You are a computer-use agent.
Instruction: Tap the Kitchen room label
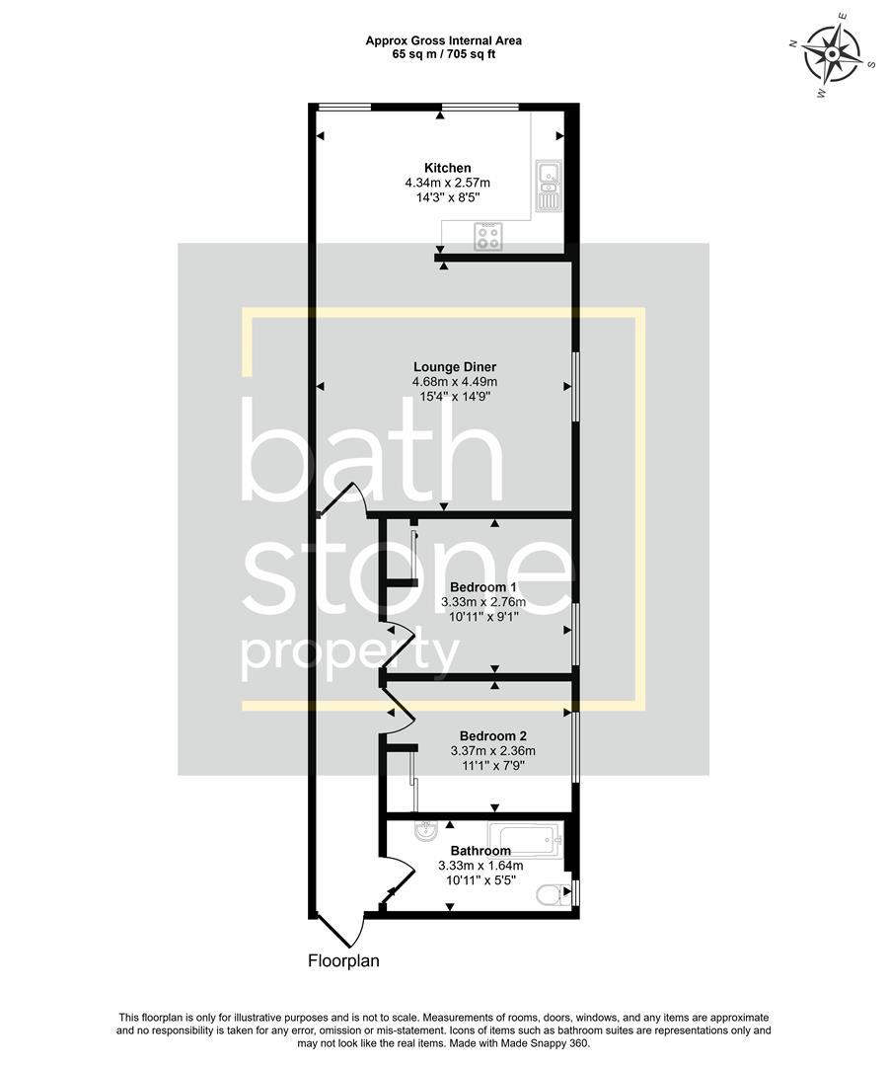tap(447, 168)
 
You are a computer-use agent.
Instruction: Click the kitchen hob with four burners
tap(488, 236)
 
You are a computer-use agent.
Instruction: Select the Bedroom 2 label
tap(493, 736)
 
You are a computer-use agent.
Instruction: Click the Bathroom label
tap(480, 851)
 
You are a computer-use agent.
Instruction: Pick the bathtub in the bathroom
tap(526, 841)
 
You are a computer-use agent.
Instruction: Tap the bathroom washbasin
tap(425, 831)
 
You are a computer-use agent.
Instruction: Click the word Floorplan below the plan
tap(343, 960)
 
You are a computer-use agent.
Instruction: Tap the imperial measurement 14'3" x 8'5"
tap(447, 197)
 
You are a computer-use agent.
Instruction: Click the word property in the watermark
tap(350, 652)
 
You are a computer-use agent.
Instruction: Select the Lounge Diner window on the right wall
tap(575, 387)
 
